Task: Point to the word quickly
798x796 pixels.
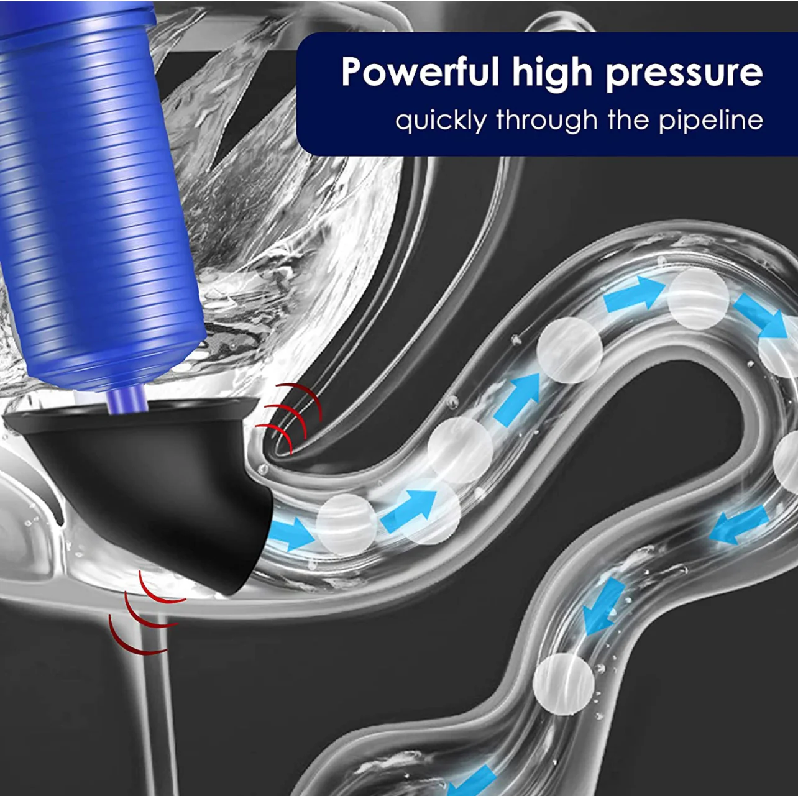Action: (441, 121)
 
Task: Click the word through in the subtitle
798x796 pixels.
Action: (547, 121)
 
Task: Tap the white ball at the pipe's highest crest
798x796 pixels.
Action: (698, 298)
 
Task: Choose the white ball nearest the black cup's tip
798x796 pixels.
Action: (346, 524)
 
